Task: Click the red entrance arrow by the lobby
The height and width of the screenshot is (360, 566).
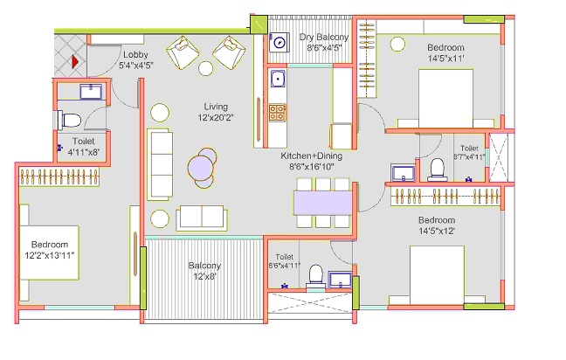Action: point(75,61)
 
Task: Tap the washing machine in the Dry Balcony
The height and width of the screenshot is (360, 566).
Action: point(279,42)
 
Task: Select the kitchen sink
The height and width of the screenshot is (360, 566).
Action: point(278,79)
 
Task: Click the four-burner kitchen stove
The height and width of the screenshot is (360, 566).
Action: point(278,113)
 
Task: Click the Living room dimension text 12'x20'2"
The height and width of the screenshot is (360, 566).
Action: point(216,118)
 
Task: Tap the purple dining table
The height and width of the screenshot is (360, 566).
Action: point(322,203)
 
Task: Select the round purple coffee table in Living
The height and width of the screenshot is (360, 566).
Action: point(201,168)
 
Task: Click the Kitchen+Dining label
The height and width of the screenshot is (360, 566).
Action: point(311,156)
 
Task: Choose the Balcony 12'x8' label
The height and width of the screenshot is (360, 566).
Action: point(204,271)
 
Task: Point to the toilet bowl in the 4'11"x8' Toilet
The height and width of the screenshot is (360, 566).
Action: point(69,121)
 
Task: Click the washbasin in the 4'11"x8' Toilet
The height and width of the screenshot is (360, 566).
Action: point(91,92)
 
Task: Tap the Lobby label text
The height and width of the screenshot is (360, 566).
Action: point(135,54)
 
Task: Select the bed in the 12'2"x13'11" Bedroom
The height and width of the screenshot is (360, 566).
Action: point(50,253)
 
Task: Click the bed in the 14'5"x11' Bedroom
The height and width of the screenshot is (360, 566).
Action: point(445,98)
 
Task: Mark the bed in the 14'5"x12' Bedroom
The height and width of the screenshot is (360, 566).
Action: point(437,275)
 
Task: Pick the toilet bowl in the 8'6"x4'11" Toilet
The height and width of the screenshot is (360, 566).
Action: point(316,276)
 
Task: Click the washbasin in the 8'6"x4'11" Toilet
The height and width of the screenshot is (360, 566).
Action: point(340,280)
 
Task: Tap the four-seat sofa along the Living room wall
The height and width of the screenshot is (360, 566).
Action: point(160,164)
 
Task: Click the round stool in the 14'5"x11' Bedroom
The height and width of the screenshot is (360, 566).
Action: point(397,44)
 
